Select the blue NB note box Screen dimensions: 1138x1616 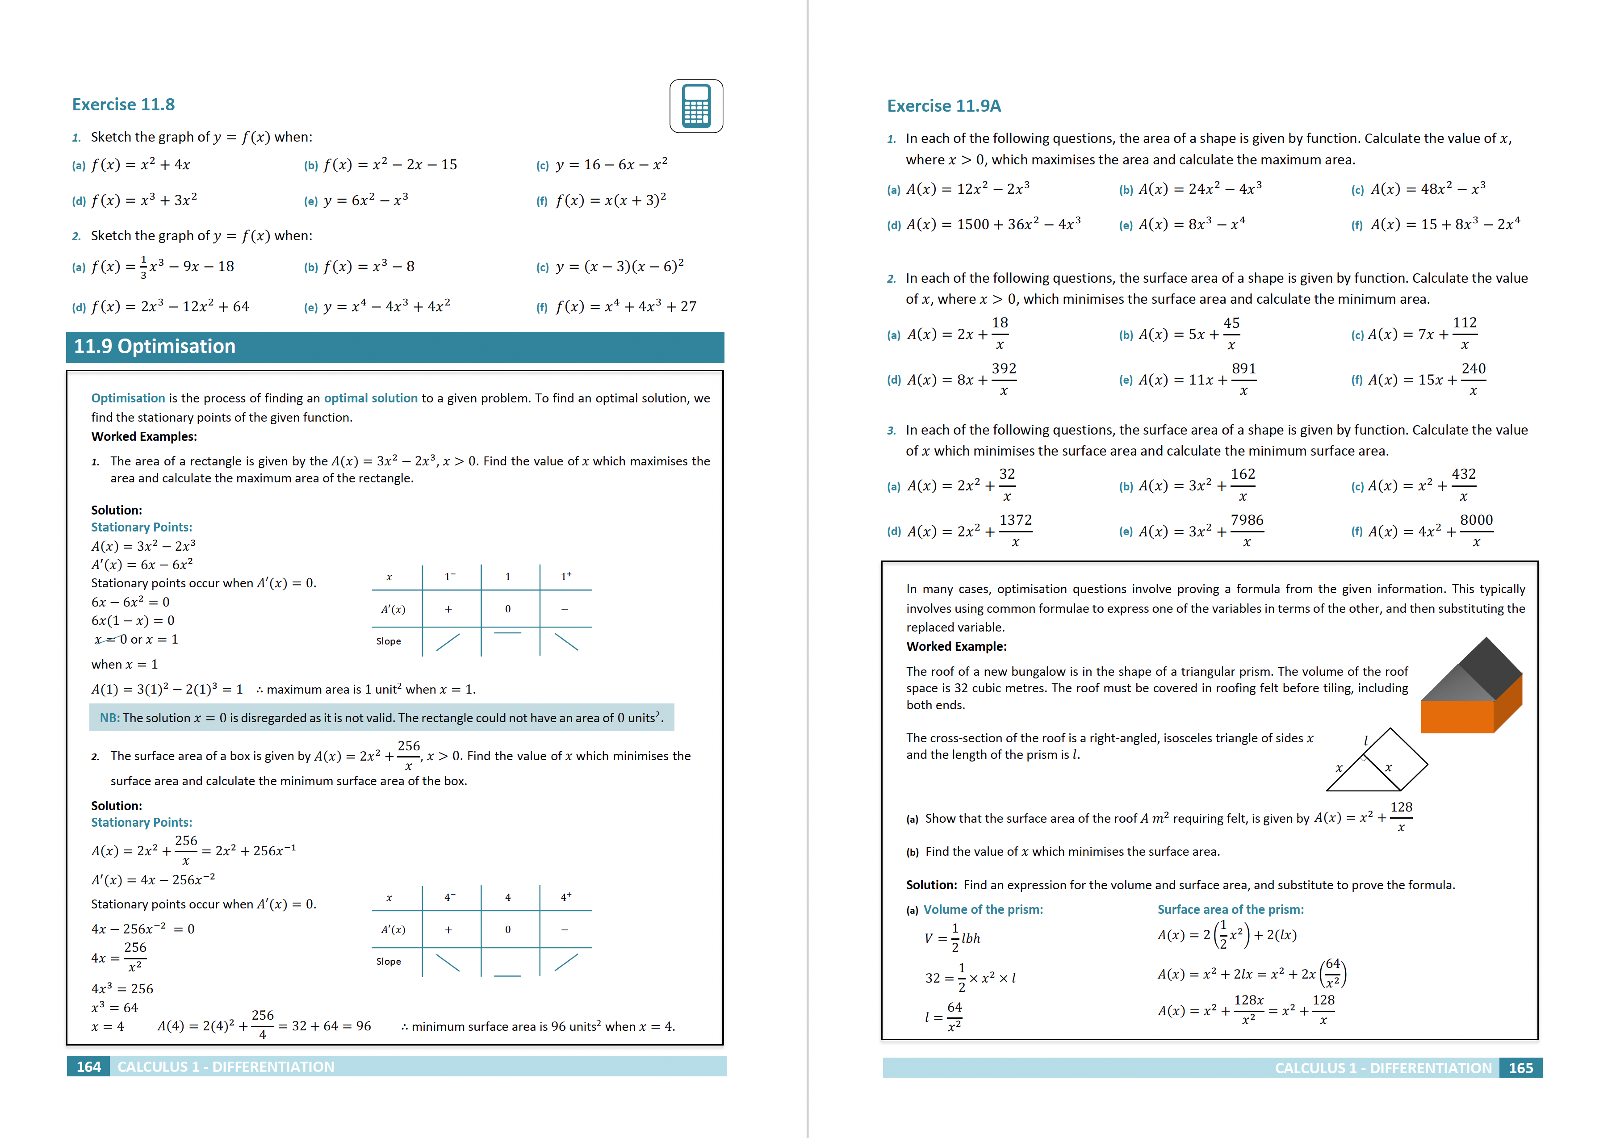(x=381, y=717)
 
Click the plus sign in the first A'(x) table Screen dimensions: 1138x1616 (x=448, y=609)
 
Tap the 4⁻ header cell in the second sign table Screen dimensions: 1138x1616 (x=450, y=897)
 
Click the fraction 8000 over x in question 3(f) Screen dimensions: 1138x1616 (x=1476, y=531)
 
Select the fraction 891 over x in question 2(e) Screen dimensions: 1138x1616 (x=1243, y=379)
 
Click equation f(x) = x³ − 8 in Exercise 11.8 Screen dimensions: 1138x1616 (x=369, y=266)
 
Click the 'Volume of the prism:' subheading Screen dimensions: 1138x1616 (x=983, y=909)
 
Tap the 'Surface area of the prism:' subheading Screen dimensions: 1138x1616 (x=1230, y=909)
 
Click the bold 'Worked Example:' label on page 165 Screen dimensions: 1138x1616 (x=956, y=646)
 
